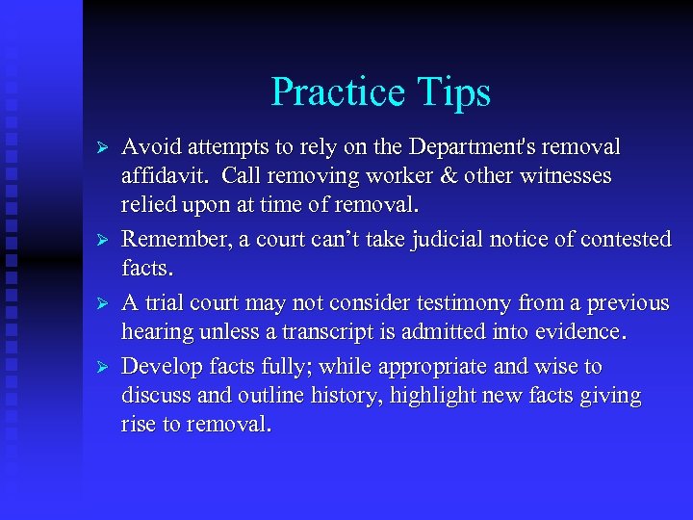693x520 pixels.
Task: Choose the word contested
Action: [x=619, y=240]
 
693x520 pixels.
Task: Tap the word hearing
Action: [x=153, y=333]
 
